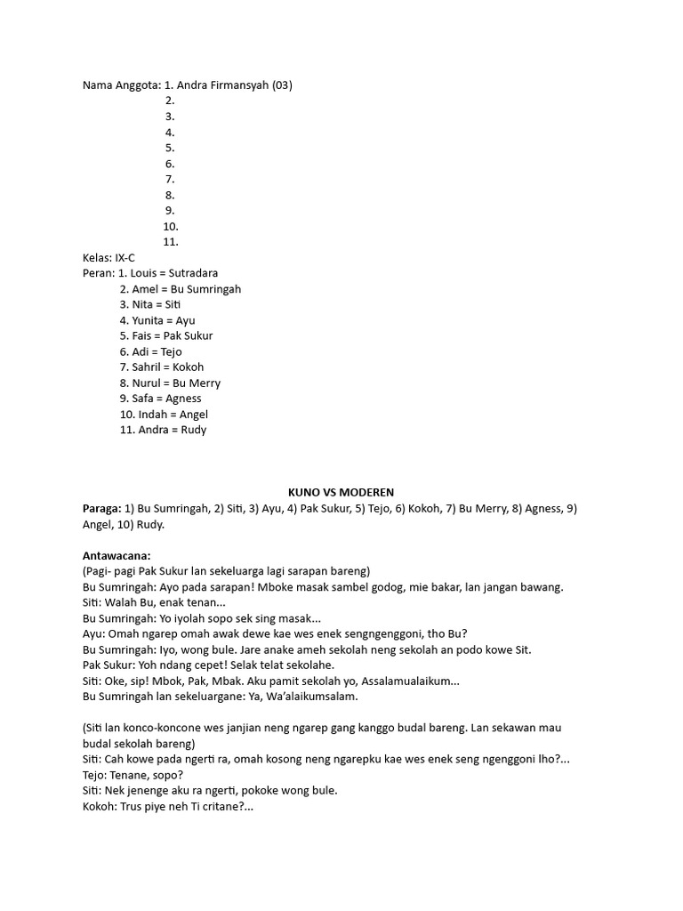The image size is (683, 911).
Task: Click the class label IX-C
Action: (x=125, y=257)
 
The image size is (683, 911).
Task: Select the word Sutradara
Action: (x=192, y=273)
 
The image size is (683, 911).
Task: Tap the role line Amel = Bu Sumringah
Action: (x=180, y=289)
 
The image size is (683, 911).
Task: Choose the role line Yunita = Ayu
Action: (x=157, y=320)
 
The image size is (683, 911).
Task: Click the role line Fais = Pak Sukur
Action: (x=165, y=336)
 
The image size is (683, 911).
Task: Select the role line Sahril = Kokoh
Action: (x=161, y=367)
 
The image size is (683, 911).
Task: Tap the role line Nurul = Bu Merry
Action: (x=169, y=383)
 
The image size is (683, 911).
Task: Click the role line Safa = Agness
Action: (x=160, y=399)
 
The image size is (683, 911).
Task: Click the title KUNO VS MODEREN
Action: (x=341, y=492)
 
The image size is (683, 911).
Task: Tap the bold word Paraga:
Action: (x=101, y=508)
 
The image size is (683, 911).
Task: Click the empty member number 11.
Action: (x=171, y=241)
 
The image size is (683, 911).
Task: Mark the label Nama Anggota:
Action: (x=121, y=85)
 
